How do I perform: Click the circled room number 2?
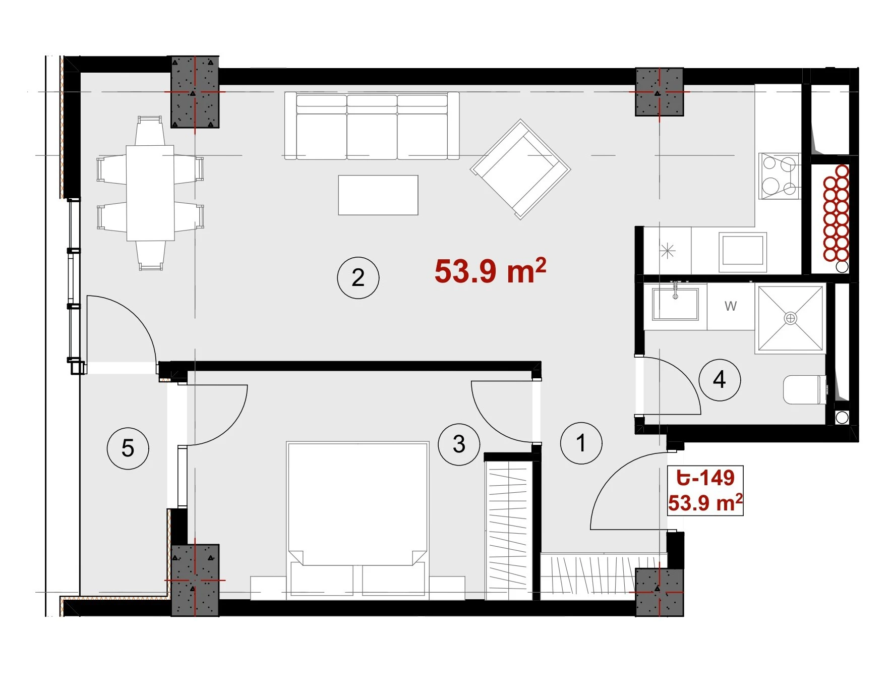point(358,277)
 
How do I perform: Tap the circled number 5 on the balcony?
point(128,448)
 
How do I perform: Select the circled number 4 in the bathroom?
point(720,379)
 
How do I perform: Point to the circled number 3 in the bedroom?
point(459,444)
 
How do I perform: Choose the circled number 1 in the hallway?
point(581,443)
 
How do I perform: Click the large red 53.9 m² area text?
point(490,271)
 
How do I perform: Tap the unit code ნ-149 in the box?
point(705,477)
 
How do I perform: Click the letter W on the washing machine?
point(731,306)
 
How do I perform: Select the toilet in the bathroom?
point(806,390)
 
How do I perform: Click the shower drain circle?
point(791,318)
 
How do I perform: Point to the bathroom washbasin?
point(675,304)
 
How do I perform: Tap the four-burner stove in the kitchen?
point(780,176)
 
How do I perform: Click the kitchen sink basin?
point(743,250)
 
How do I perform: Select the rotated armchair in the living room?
point(520,169)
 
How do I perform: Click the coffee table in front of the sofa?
point(378,195)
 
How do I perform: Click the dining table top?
point(150,193)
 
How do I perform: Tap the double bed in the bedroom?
point(358,521)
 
